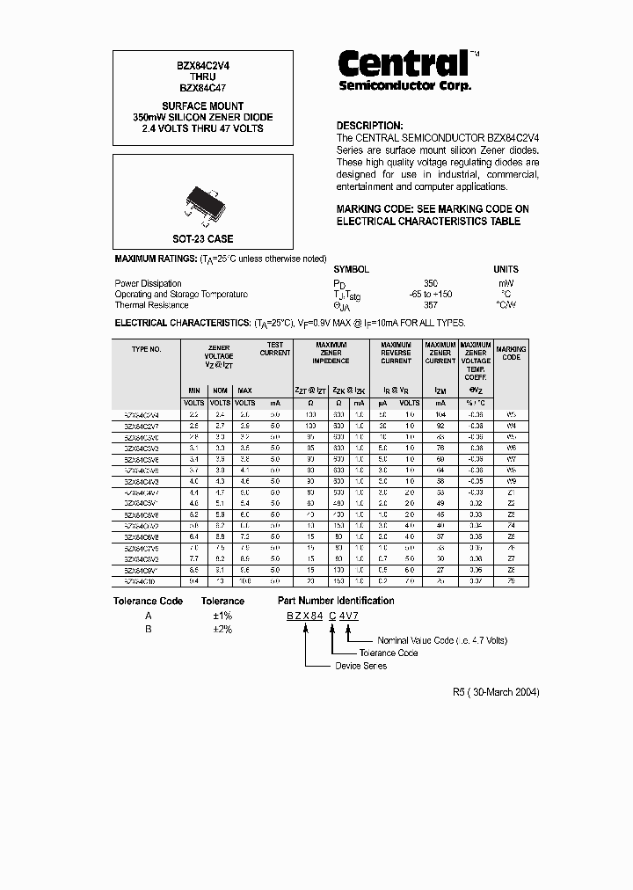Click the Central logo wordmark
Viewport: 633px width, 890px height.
404,63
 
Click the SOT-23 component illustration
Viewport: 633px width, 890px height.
202,200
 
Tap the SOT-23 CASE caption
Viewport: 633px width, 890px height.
202,238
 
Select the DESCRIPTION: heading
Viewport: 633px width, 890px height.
369,126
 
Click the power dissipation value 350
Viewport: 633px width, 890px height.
431,283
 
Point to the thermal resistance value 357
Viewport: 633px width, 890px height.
431,305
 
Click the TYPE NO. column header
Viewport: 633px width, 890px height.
146,349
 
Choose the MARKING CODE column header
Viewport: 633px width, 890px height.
511,354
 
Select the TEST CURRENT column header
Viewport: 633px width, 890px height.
275,349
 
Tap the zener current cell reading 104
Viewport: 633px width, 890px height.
440,413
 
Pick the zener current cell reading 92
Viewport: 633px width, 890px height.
440,425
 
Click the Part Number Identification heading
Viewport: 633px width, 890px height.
336,601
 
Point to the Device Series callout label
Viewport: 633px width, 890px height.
360,666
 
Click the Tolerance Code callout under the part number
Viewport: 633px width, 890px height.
389,653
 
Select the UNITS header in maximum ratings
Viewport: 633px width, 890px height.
506,269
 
